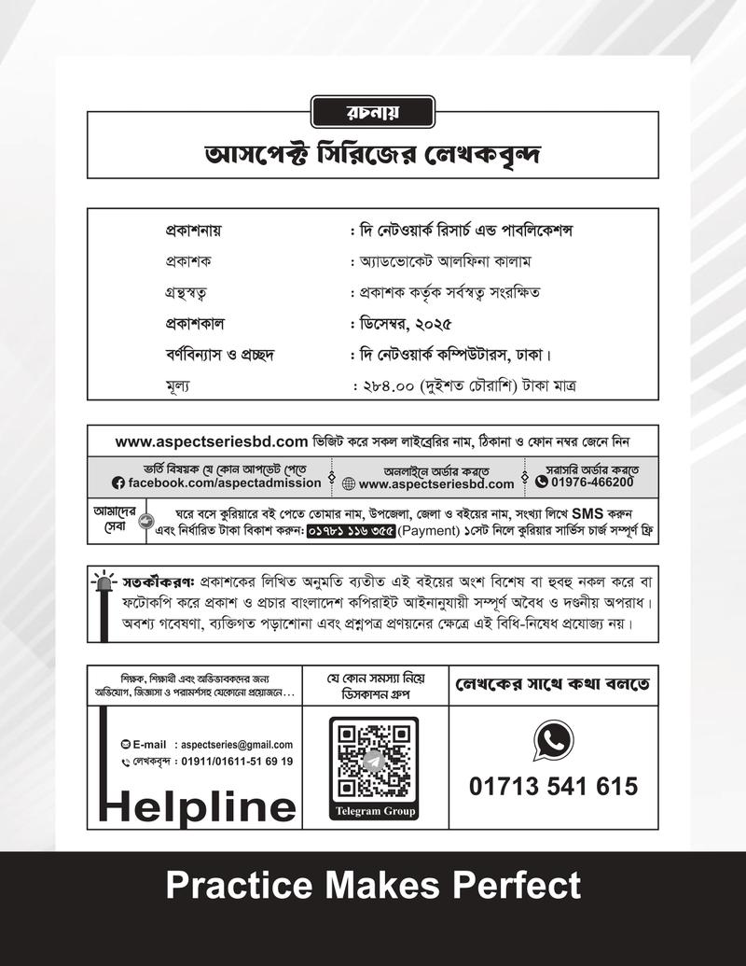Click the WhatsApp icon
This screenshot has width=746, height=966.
(x=553, y=741)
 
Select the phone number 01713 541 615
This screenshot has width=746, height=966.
(x=554, y=786)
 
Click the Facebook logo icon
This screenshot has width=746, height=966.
(x=117, y=483)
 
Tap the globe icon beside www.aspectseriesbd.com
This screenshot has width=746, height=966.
(x=349, y=484)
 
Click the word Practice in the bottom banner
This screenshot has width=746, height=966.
(x=237, y=884)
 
